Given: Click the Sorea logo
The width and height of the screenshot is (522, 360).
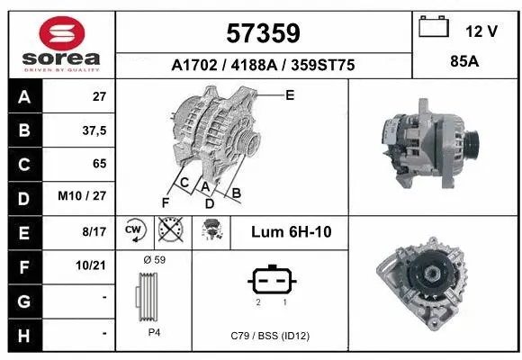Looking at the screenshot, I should coord(62,45).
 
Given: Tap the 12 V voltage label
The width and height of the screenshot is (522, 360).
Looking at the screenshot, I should coord(481,31).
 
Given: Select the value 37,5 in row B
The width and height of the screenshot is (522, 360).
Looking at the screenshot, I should coord(94,130).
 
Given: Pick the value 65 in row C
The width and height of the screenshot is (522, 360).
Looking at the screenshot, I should coord(99,164).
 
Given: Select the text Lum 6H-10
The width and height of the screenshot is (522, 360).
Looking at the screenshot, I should coord(291,232).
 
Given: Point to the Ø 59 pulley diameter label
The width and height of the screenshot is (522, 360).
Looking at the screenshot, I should coord(154,260).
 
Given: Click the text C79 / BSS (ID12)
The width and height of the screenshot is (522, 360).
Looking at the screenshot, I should coord(269,336).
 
